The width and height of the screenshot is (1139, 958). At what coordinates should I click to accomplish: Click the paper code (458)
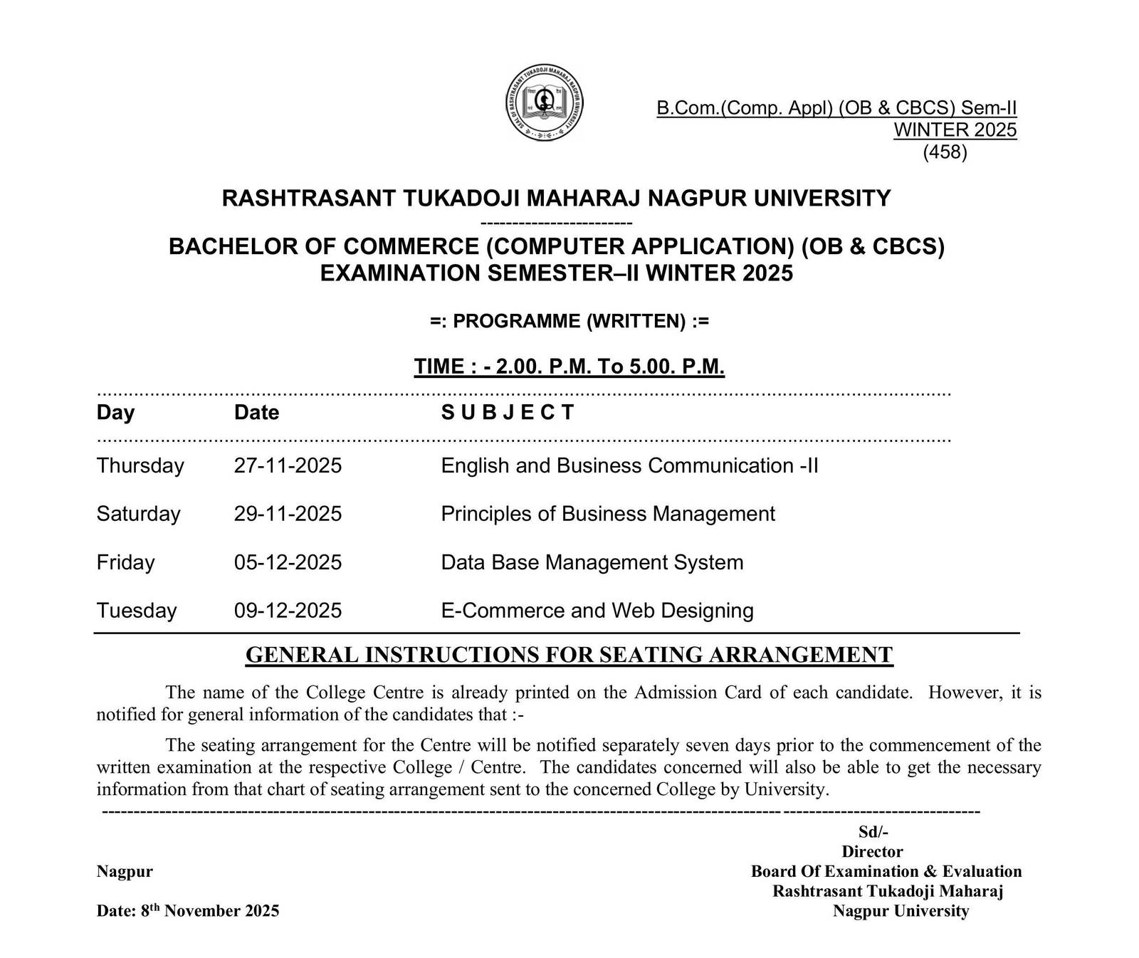(x=945, y=152)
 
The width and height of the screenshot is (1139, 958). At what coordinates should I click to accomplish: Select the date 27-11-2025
(x=288, y=465)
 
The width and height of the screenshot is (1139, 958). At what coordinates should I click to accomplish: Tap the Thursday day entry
(x=140, y=465)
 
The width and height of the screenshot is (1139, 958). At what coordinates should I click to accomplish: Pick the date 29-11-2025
(x=288, y=514)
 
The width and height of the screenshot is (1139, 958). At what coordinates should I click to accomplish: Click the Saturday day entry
(x=138, y=514)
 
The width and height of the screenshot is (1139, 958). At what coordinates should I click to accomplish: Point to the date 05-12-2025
(x=288, y=562)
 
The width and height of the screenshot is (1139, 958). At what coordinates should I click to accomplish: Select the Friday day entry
(x=125, y=562)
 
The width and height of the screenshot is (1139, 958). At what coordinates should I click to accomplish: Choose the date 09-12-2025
(x=288, y=611)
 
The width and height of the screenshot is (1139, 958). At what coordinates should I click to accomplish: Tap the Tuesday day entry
(x=136, y=611)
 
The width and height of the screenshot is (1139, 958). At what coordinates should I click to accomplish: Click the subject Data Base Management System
(x=592, y=562)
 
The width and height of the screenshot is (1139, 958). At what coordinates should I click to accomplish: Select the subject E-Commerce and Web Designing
(x=597, y=611)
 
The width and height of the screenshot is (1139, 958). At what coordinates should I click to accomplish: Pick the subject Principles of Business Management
(x=607, y=514)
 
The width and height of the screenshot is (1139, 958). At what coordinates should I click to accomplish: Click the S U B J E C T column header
(x=507, y=413)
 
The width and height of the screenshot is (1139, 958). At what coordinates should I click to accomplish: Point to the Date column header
(x=256, y=413)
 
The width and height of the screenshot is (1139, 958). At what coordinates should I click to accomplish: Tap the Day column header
(x=115, y=413)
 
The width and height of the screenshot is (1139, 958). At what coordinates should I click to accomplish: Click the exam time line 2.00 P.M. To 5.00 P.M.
(x=569, y=367)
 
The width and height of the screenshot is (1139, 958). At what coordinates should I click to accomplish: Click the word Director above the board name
(x=872, y=851)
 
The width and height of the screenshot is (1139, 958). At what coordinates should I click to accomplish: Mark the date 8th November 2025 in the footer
(x=188, y=910)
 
